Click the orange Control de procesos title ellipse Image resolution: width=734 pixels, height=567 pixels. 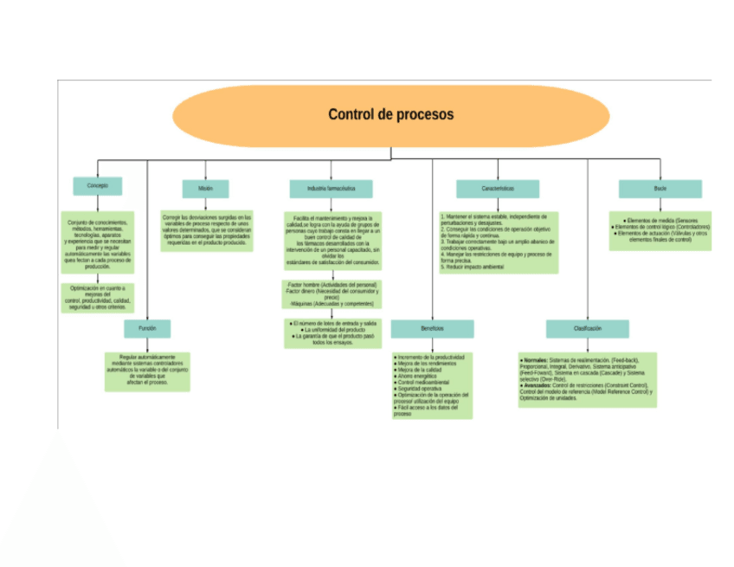(x=390, y=115)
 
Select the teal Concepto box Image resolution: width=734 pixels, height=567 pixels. (x=97, y=186)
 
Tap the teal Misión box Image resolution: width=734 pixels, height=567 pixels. (x=205, y=189)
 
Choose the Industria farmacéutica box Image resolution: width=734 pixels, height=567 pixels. (x=332, y=189)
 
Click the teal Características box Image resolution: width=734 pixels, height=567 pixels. (x=498, y=189)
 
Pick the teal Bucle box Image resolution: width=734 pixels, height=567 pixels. (x=660, y=189)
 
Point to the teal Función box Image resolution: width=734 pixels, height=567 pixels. (x=147, y=328)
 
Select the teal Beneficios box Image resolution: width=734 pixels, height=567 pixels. (x=432, y=329)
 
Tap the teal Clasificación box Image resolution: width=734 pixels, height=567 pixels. (x=587, y=329)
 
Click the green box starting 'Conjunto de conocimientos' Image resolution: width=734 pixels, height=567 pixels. (x=97, y=244)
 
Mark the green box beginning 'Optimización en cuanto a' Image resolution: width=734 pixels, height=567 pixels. (x=97, y=298)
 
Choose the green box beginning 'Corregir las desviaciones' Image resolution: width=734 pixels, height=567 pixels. (x=207, y=230)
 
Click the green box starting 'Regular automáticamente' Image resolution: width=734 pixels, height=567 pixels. (x=147, y=370)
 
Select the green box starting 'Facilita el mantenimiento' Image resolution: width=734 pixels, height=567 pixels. (x=333, y=241)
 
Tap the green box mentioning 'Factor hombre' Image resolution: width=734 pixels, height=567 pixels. (x=333, y=294)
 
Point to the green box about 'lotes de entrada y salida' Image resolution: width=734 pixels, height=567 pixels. (x=333, y=333)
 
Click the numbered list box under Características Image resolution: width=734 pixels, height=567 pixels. (x=498, y=242)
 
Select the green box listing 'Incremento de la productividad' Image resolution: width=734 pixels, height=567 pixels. (x=432, y=385)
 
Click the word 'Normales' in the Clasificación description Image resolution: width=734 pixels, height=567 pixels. (x=535, y=359)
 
